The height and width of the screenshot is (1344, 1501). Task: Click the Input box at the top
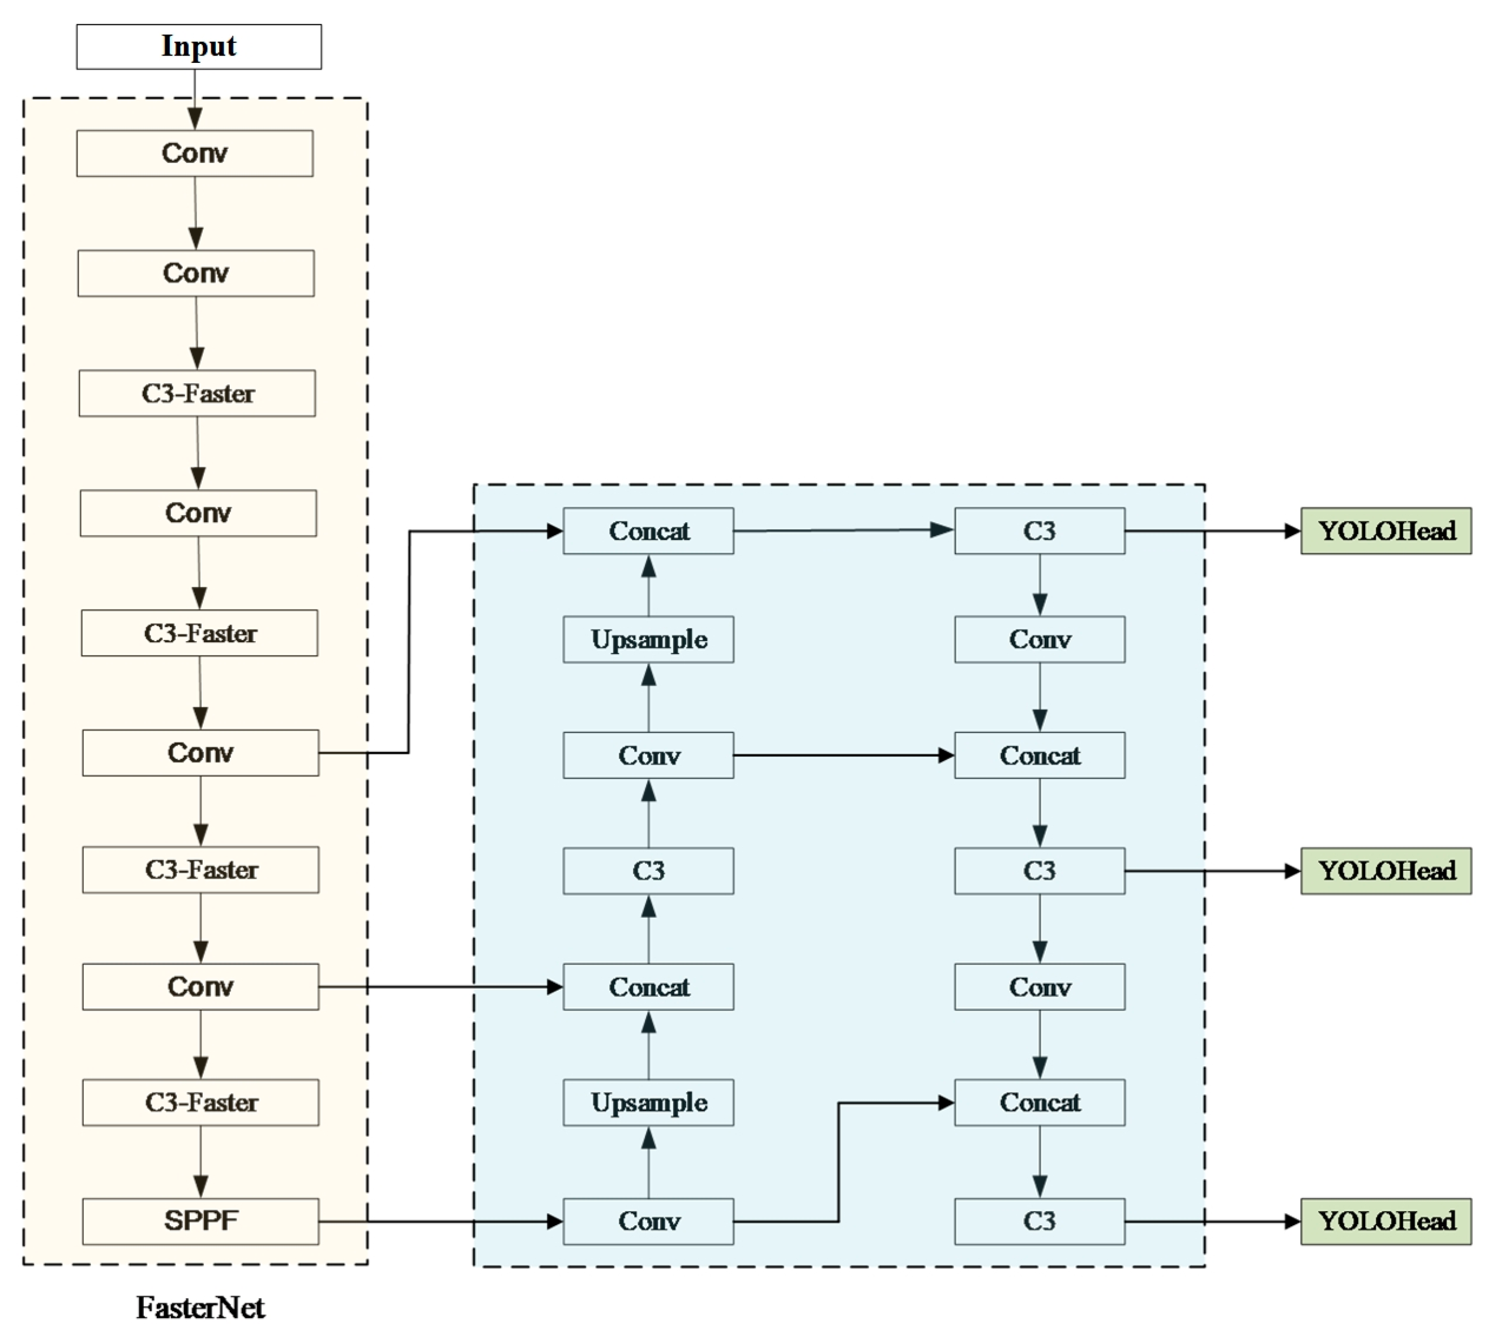pyautogui.click(x=199, y=46)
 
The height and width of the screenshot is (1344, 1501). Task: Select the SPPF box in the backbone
pyautogui.click(x=200, y=1221)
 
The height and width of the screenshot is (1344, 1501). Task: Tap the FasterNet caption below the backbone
pyautogui.click(x=200, y=1308)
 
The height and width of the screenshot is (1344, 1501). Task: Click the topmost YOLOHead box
pyautogui.click(x=1385, y=530)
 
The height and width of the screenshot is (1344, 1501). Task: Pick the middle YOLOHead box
pyautogui.click(x=1385, y=871)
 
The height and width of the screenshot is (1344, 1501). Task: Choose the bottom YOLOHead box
pyautogui.click(x=1385, y=1221)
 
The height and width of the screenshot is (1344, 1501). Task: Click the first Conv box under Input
pyautogui.click(x=194, y=153)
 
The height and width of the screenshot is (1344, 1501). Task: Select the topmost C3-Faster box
pyautogui.click(x=197, y=393)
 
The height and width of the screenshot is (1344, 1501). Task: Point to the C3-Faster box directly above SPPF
pyautogui.click(x=200, y=1102)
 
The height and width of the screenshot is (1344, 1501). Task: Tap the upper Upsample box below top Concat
pyautogui.click(x=648, y=639)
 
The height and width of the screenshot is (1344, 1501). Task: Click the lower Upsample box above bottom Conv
pyautogui.click(x=648, y=1102)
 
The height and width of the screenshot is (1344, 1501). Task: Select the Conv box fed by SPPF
pyautogui.click(x=648, y=1221)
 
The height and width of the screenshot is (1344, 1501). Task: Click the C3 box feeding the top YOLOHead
pyautogui.click(x=1040, y=530)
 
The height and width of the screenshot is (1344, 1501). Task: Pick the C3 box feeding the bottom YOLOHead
pyautogui.click(x=1040, y=1221)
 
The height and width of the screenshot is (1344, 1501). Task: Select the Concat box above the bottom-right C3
pyautogui.click(x=1040, y=1102)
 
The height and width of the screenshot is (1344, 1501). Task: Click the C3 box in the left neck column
pyautogui.click(x=648, y=871)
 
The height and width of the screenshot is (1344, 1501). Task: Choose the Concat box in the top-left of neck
pyautogui.click(x=648, y=530)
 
